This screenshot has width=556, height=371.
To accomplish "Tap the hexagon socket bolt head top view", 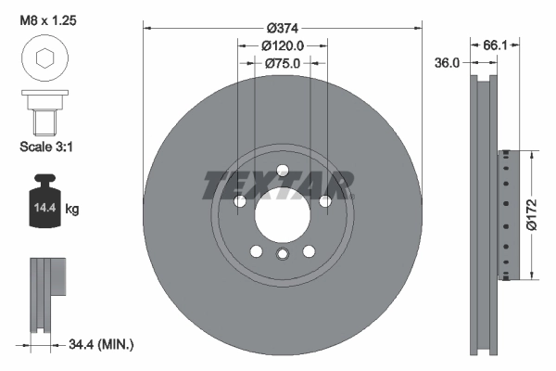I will point(44,59).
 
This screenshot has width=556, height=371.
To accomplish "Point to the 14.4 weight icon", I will point(42,206).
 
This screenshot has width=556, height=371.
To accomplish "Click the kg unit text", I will point(72,210).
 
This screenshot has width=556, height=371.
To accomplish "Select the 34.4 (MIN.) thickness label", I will point(102,345).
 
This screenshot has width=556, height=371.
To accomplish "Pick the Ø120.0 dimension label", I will point(282,45).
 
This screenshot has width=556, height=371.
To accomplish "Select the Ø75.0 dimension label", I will point(282,64).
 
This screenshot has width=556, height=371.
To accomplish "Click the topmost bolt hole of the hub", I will point(282,170).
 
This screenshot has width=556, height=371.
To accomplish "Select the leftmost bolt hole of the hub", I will point(239,201).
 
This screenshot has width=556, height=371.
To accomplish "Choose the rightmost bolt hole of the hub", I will point(324,201).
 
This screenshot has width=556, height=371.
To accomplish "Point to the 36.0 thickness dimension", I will point(449,63).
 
